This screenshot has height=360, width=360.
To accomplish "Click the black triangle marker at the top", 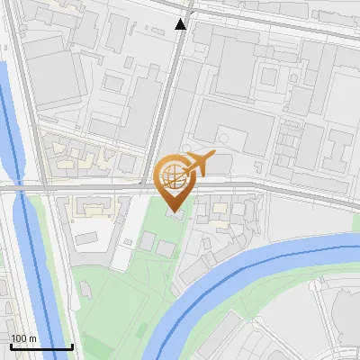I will click(181, 24).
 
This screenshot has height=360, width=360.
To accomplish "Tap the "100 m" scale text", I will click(24, 338).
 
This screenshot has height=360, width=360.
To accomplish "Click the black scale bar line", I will click(41, 346).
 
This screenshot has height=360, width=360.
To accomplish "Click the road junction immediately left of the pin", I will click(148, 187).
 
